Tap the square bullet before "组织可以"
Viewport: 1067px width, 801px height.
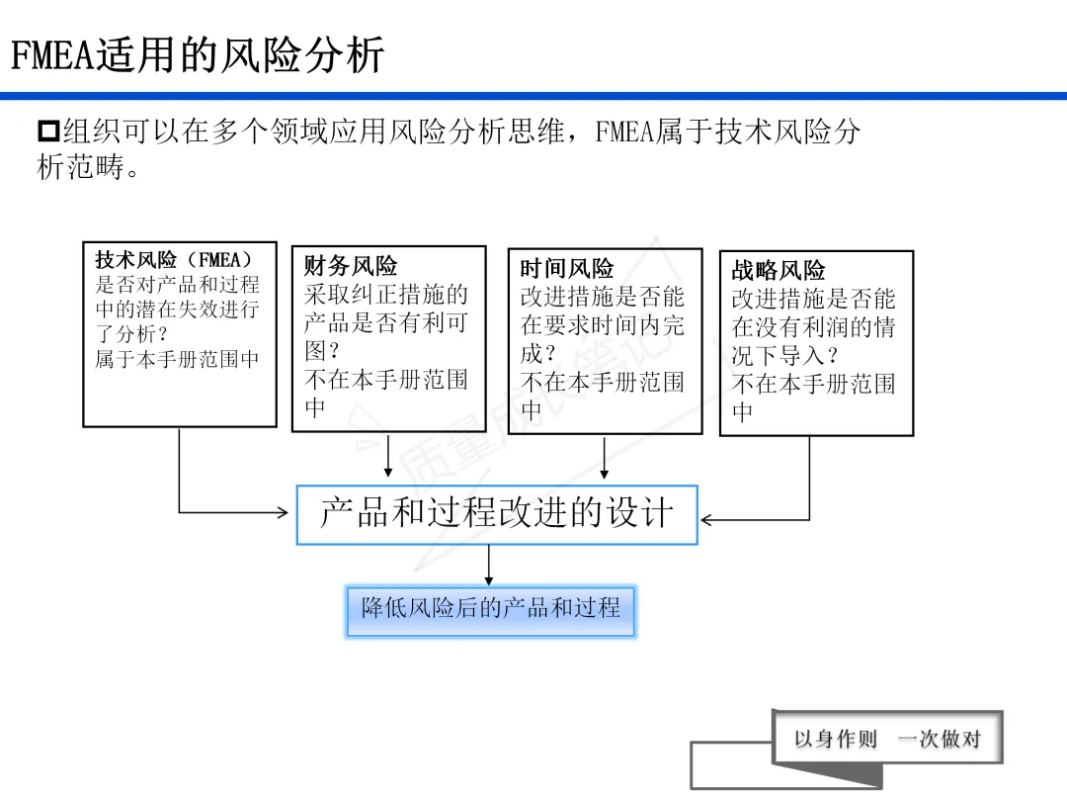(x=48, y=132)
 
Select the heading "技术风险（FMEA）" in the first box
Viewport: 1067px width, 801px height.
(x=174, y=260)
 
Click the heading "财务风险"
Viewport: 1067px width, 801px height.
(x=351, y=266)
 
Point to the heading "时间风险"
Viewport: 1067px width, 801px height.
(x=567, y=268)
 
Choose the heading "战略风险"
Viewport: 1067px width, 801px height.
(x=779, y=270)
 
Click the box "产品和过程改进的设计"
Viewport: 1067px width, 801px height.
(x=497, y=514)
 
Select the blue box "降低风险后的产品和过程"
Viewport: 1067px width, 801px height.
(x=491, y=608)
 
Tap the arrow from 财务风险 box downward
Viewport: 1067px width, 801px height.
(x=388, y=456)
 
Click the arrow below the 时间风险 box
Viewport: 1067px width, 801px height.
(x=605, y=458)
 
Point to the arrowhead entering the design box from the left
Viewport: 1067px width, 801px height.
(x=281, y=512)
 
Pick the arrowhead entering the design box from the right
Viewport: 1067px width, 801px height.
(x=707, y=519)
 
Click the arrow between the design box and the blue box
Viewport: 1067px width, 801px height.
(x=489, y=566)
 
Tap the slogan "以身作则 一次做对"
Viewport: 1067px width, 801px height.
(x=887, y=739)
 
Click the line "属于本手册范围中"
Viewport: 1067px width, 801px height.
(x=177, y=359)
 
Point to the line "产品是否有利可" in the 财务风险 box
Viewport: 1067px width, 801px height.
(x=385, y=323)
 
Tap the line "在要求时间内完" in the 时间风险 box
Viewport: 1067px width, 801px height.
(x=603, y=325)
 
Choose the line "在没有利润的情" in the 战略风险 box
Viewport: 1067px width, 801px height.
(x=813, y=327)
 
